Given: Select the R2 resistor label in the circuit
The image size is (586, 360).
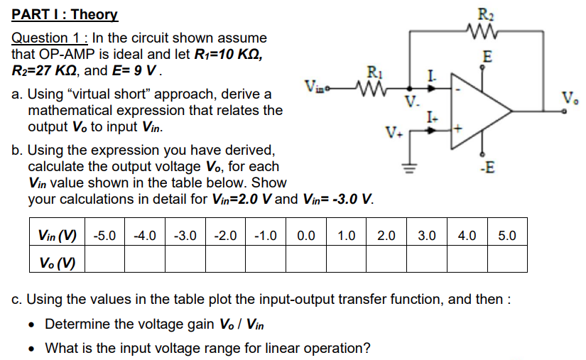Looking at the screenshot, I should (485, 11).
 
